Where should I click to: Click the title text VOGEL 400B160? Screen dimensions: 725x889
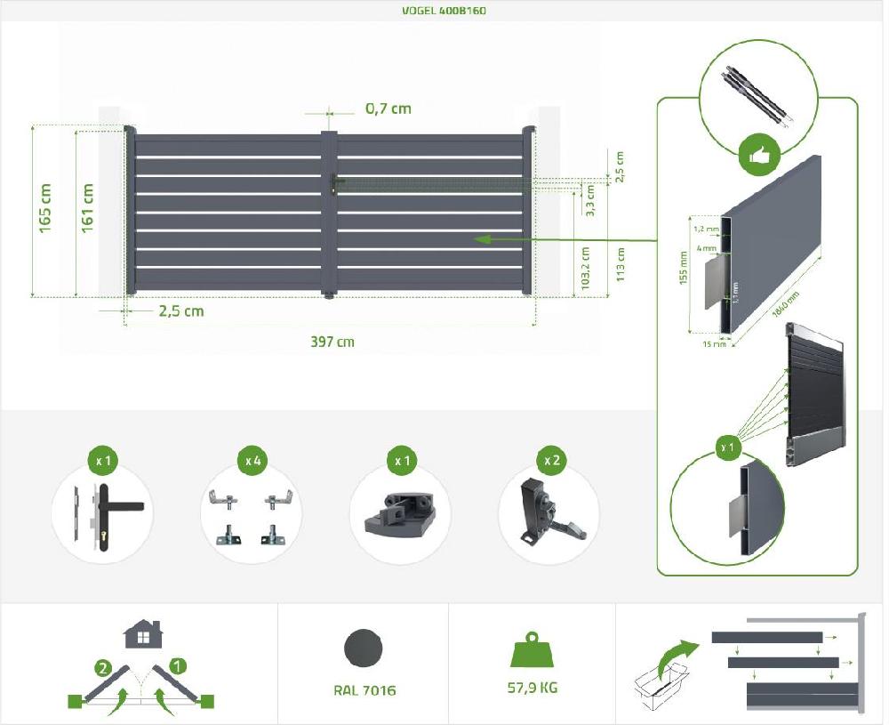[444, 12]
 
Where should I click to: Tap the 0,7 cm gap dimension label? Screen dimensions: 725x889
[388, 109]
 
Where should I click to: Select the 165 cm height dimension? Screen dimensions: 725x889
[45, 209]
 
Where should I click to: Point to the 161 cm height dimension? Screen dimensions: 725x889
[87, 209]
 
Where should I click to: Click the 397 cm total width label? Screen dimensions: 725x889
[333, 342]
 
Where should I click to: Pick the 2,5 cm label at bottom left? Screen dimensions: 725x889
[181, 310]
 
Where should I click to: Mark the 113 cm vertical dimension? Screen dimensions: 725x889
[621, 264]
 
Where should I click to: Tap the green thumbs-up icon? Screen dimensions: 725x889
[759, 157]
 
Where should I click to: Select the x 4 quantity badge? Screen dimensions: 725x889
[252, 461]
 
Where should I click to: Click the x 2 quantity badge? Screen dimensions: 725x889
[551, 461]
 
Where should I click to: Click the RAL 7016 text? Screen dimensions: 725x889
[365, 689]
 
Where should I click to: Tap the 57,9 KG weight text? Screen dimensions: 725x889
[533, 688]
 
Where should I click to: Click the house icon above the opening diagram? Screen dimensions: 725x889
[142, 634]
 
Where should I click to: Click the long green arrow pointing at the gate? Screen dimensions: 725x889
[569, 238]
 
